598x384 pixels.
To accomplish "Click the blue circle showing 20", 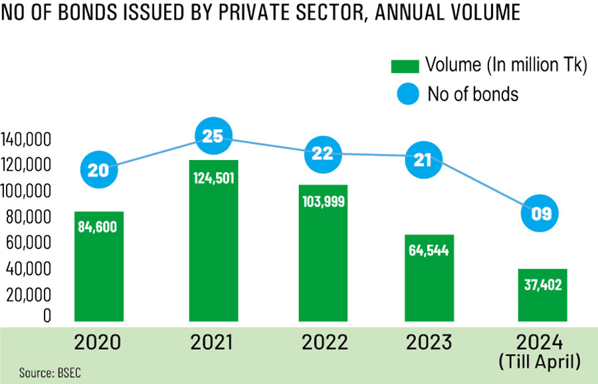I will point(98,171).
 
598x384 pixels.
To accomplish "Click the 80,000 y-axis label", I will point(31,217).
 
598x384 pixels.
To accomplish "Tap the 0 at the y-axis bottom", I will point(47,316).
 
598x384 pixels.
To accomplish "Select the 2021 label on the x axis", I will point(213,343).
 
